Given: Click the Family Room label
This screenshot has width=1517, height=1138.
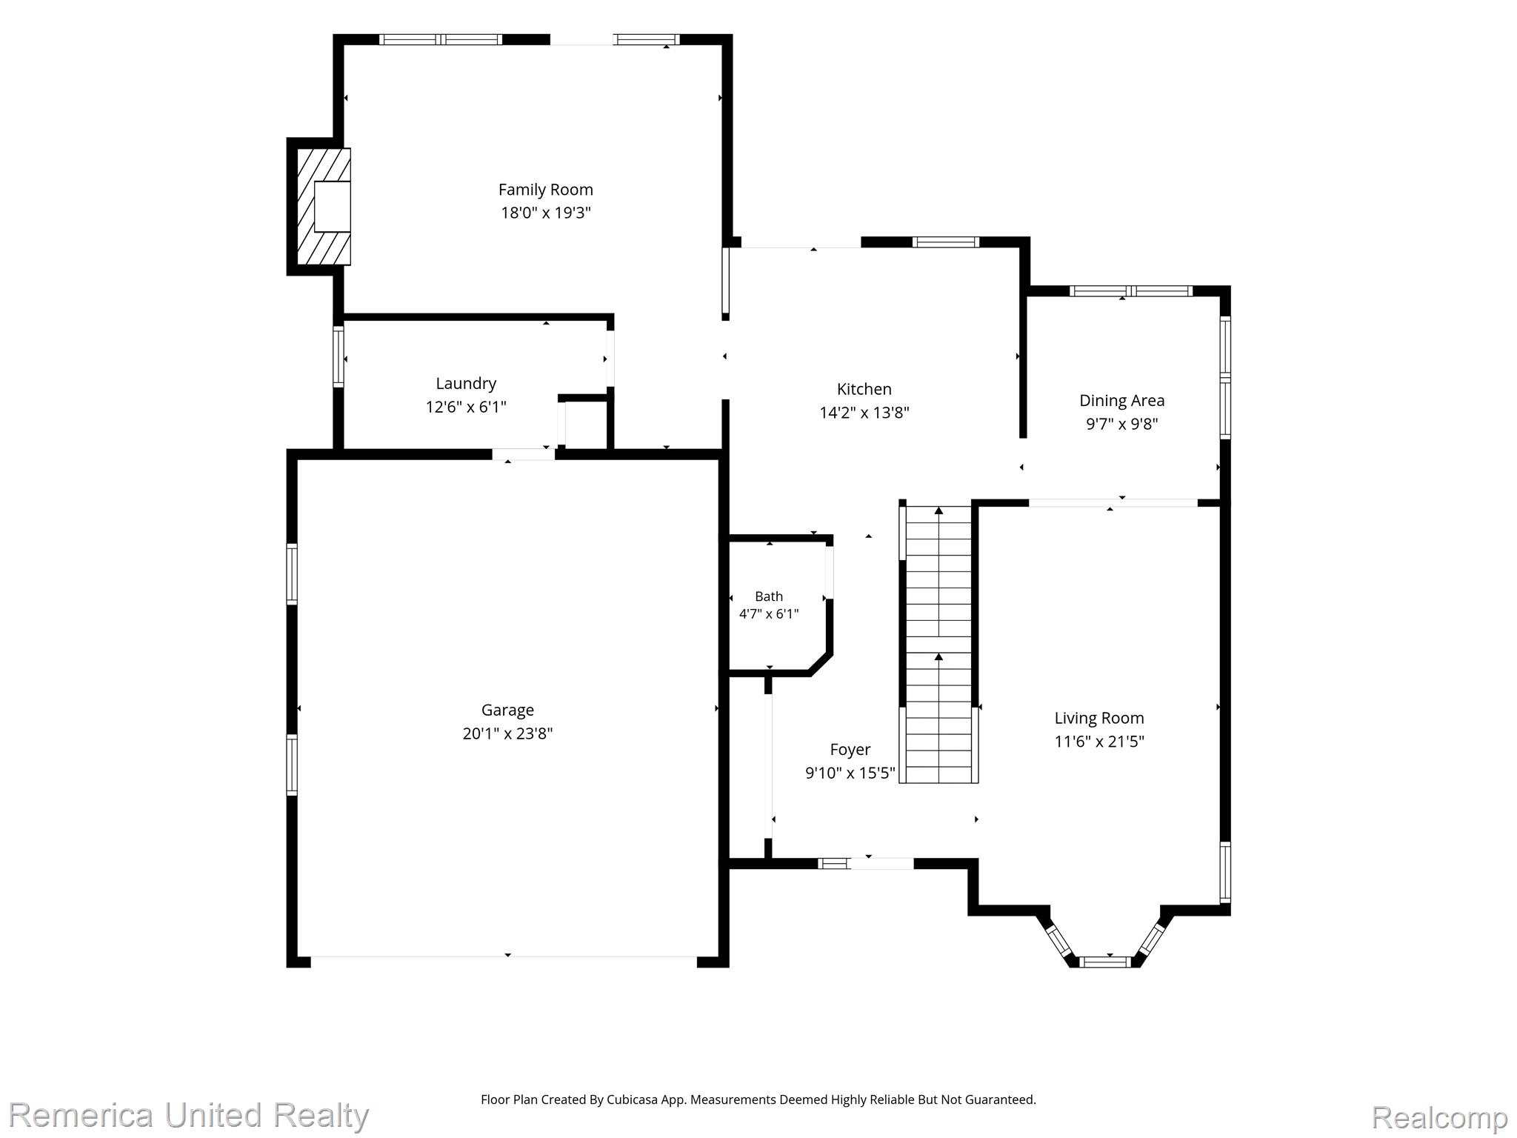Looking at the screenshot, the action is coord(545,190).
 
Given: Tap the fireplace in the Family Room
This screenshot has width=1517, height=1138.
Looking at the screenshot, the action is coord(324,207).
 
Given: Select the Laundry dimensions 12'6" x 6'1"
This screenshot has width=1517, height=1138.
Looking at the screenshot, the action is coord(466,407).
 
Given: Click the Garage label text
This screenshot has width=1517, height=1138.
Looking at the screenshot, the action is coord(507,711).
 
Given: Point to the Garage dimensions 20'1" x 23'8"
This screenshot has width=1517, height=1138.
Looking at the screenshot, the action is coord(507,733).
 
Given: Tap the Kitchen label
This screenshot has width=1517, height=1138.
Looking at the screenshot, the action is coord(864,389).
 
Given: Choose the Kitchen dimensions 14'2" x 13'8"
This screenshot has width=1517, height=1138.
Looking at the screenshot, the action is coord(864,413).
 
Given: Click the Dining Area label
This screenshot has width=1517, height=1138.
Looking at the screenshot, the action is coord(1121,401).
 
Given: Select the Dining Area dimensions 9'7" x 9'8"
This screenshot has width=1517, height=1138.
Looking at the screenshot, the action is coord(1121,424).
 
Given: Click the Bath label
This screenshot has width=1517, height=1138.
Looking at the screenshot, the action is coord(769,596).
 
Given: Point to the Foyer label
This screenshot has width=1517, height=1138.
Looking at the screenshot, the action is coord(850,750).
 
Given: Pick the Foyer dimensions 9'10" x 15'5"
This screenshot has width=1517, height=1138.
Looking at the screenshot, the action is coord(850,773).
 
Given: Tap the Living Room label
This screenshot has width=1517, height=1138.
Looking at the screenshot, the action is coord(1099,718).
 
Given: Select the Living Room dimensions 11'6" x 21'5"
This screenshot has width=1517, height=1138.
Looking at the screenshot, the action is coord(1099,742).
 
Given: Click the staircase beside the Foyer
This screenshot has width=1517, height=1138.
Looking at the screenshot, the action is coord(938,643).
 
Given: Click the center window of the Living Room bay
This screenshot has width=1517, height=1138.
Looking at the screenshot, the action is coord(1104,962).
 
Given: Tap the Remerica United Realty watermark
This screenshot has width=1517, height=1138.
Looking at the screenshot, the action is coord(189,1115).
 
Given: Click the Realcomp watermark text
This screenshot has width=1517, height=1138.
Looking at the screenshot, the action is coord(1439,1117).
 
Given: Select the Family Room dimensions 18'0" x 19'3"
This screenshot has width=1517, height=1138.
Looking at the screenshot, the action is coord(545,213).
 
